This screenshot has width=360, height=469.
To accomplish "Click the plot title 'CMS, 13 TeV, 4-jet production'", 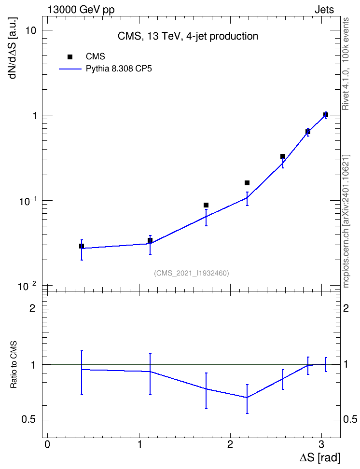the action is point(188,36).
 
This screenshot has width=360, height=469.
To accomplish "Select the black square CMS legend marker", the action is point(70,57).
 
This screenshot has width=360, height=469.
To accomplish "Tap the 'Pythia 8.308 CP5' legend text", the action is point(119,69).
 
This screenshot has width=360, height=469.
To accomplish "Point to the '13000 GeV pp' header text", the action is point(81,10).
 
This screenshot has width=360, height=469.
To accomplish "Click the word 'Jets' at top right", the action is point(324,10).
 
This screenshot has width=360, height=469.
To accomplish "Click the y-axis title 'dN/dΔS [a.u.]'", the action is point(13,48).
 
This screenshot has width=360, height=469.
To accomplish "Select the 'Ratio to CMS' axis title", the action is point(14,364).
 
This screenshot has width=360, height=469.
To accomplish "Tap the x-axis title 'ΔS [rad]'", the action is point(320,457).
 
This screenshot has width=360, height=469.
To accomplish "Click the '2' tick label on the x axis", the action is point(230,444).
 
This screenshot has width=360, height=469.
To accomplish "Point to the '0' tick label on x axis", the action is point(47,444).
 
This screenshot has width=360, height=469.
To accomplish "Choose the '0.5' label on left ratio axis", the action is point(28,420).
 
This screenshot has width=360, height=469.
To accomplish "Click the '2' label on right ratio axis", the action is point(346,308).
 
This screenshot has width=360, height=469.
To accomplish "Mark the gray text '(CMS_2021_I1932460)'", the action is point(192,273).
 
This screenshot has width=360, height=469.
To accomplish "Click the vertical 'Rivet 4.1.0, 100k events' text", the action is point(346,64).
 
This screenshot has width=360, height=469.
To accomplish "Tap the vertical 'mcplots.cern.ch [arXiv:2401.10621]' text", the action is point(346,221).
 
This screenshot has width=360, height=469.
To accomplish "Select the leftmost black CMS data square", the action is point(82,246).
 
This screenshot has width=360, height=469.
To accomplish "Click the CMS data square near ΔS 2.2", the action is point(247,183).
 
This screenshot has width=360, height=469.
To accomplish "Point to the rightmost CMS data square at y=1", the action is point(326,114).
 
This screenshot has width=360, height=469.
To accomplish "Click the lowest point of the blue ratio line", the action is point(247,398).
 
